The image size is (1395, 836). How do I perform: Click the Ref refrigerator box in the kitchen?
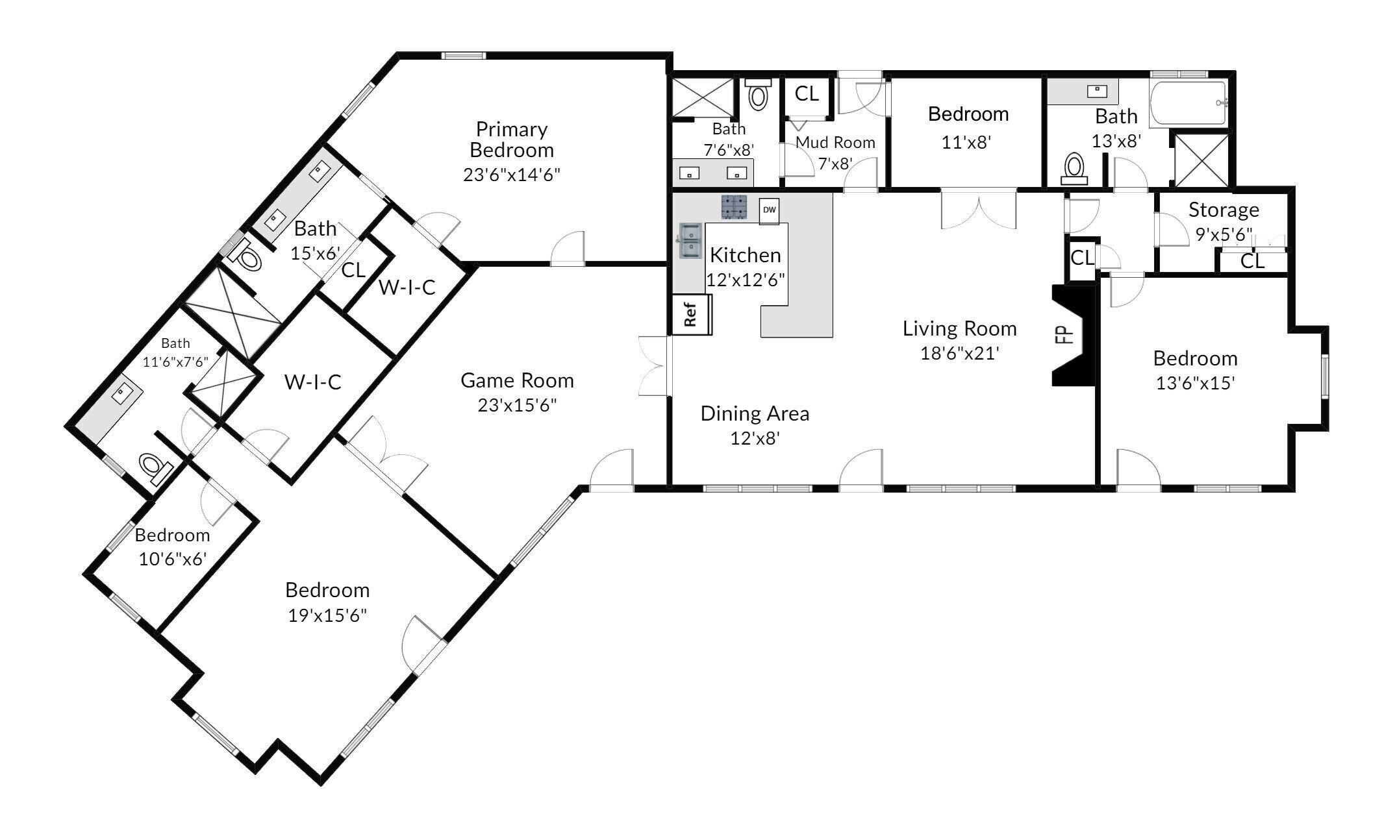691,315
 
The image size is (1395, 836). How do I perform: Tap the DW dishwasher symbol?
769,210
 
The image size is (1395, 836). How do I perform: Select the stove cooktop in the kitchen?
735,207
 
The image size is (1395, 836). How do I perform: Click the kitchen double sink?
690,241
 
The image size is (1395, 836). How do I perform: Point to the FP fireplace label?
1064,334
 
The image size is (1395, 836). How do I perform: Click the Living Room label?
959,328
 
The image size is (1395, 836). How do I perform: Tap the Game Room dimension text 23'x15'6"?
518,405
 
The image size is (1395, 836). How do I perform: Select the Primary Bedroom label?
512,140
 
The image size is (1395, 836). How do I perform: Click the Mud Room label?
835,142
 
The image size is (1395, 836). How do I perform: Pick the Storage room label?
1224,210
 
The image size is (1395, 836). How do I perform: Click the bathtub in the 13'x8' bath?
1188,104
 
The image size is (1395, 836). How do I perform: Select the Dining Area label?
755,413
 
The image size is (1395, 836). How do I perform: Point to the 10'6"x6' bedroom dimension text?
173,559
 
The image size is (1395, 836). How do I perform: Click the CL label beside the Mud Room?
807,94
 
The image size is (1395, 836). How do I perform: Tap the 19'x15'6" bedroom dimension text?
327,615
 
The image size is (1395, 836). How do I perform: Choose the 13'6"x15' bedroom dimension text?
1195,383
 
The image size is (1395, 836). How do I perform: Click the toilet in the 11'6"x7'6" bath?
155,467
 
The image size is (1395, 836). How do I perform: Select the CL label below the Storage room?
1253,261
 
